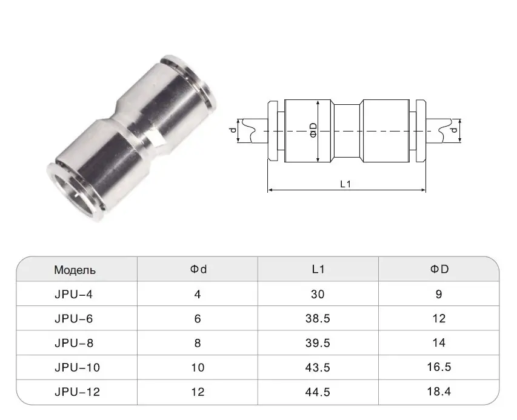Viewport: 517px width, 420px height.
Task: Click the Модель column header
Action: coord(75,270)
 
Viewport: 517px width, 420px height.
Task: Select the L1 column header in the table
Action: coord(318,269)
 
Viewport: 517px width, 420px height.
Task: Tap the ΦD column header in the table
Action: coord(439,269)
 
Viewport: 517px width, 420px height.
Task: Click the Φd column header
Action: coord(198,269)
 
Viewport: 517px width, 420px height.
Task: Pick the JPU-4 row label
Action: coord(73,294)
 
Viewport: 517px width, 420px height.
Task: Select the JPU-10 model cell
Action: coord(77,367)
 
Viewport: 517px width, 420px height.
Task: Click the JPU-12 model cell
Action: coord(77,392)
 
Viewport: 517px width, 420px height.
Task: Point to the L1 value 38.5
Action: coord(318,318)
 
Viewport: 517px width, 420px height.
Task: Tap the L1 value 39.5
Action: coord(318,343)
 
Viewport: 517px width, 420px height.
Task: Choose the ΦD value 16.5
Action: coord(439,367)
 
